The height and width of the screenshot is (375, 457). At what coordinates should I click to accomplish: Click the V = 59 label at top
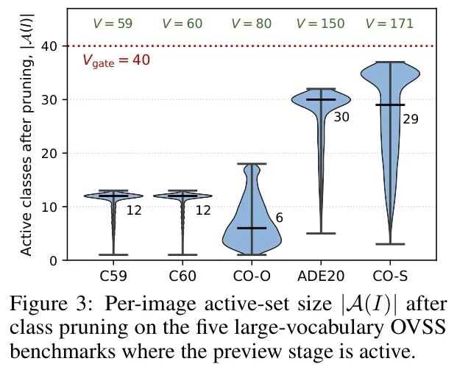(x=113, y=24)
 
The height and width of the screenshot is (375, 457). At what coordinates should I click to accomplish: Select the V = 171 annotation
(x=389, y=24)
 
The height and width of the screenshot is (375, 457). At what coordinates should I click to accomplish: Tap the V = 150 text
(x=321, y=24)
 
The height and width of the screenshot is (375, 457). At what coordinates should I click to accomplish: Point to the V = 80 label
(x=252, y=24)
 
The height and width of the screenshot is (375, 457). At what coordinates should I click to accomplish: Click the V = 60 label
(x=183, y=24)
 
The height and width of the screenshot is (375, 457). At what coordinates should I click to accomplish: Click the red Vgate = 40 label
(x=116, y=61)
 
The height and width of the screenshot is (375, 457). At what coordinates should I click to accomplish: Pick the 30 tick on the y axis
(x=50, y=99)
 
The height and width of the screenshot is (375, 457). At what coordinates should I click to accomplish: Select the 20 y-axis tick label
(x=50, y=153)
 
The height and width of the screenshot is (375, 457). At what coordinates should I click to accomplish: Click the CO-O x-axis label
(x=252, y=276)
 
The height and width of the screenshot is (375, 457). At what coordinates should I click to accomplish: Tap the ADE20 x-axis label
(x=321, y=276)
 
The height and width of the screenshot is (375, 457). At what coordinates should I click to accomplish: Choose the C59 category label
(x=113, y=276)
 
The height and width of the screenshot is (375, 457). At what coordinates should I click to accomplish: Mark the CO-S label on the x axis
(x=390, y=276)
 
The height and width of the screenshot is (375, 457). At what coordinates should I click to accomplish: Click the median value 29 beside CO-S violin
(x=411, y=119)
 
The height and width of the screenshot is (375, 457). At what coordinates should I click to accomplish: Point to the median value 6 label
(x=279, y=218)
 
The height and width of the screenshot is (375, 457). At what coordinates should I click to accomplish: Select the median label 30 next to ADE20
(x=341, y=117)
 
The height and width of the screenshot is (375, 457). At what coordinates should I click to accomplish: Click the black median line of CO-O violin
(x=252, y=228)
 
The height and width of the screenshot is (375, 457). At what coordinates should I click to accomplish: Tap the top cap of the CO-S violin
(x=390, y=62)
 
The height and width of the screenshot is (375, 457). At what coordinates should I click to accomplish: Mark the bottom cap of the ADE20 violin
(x=321, y=233)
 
